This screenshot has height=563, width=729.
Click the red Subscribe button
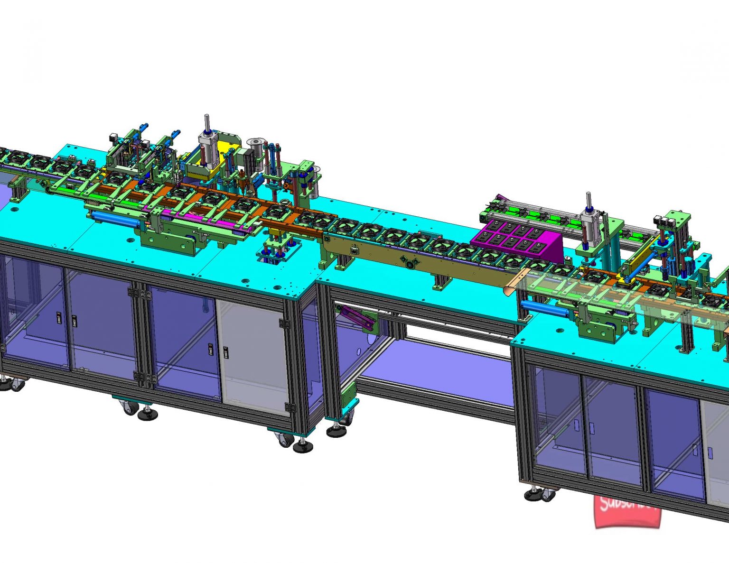(627, 511)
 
